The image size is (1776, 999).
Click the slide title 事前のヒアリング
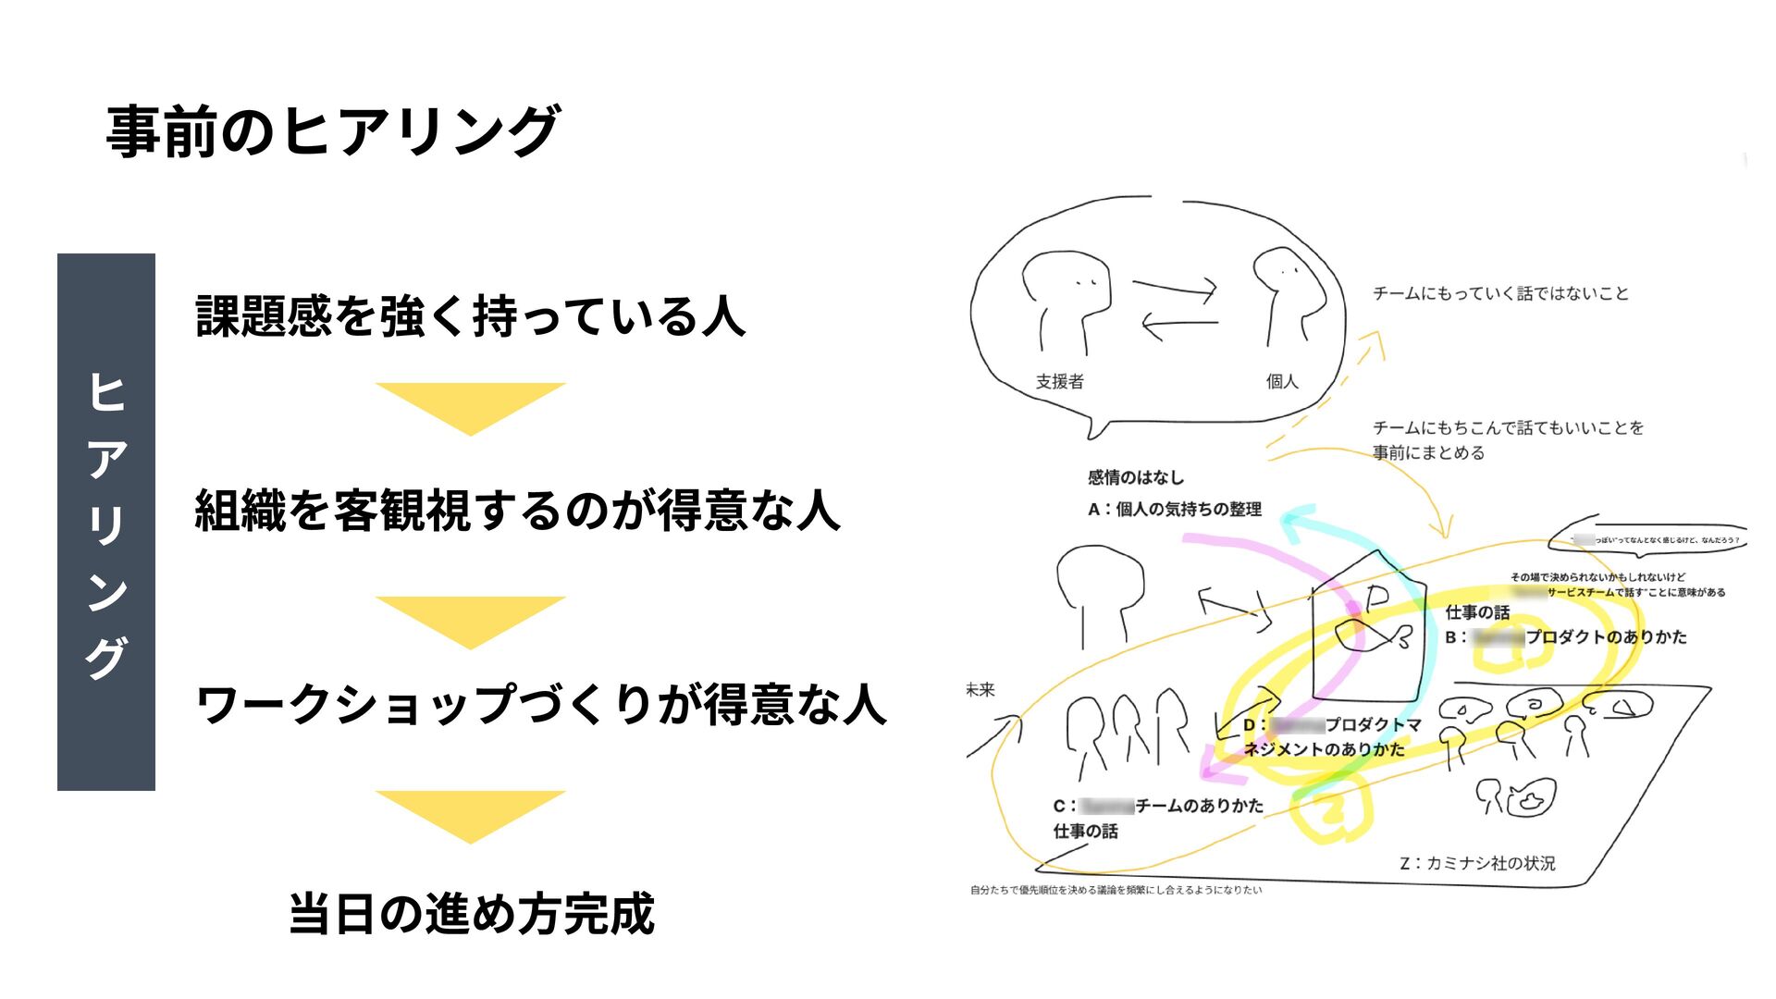point(333,131)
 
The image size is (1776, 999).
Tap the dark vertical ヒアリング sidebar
point(106,522)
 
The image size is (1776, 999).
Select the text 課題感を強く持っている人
point(470,316)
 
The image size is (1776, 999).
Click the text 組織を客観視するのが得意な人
point(517,511)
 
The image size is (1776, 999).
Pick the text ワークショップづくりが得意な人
point(541,705)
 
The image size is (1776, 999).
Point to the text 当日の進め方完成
point(472,914)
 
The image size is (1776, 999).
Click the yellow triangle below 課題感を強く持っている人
point(470,406)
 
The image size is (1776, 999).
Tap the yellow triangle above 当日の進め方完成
point(470,814)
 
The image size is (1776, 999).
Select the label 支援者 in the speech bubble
point(1059,381)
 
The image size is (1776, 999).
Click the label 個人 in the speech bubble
point(1282,381)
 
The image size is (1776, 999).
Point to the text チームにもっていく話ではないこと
point(1500,294)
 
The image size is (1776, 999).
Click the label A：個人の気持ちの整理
point(1175,509)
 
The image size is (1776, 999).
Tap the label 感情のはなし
point(1136,477)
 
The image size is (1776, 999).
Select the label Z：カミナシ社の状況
point(1477,863)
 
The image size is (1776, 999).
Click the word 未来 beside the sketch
point(980,690)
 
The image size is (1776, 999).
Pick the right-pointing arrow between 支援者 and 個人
point(1175,290)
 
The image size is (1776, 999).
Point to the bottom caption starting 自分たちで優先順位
point(1116,890)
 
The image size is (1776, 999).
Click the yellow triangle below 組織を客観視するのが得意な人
point(470,620)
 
